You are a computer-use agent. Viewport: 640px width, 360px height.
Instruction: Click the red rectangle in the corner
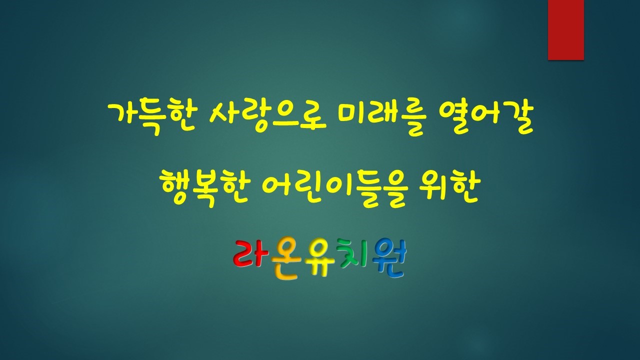[x=565, y=29]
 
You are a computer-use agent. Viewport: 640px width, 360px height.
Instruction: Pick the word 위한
[x=447, y=188]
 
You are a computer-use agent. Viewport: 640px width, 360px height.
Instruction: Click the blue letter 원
[x=389, y=258]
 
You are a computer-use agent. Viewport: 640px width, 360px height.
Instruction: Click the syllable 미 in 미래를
[x=351, y=117]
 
